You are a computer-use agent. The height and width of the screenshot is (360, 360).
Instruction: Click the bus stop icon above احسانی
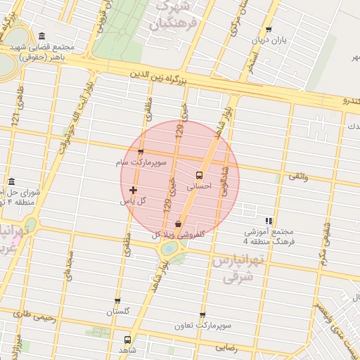click(199, 174)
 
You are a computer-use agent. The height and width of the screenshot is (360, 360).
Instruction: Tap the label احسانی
click(199, 187)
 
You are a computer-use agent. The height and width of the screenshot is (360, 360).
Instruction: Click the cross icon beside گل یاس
click(133, 190)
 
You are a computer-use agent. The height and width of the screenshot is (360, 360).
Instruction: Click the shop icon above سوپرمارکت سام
click(141, 152)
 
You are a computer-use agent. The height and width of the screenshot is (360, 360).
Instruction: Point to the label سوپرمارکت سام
click(141, 162)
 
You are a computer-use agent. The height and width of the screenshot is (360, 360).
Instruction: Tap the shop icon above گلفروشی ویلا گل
click(179, 224)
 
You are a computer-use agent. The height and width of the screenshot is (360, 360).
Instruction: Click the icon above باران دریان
click(269, 30)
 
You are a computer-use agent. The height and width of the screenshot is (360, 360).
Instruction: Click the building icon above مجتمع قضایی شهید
click(42, 37)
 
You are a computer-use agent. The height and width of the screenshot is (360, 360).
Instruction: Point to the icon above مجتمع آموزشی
click(269, 221)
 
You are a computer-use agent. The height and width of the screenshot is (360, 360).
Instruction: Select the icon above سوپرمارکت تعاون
click(202, 316)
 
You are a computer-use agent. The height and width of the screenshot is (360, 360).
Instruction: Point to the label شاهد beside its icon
click(127, 349)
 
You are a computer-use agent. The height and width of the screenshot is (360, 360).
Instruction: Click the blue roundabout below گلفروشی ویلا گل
click(169, 249)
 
